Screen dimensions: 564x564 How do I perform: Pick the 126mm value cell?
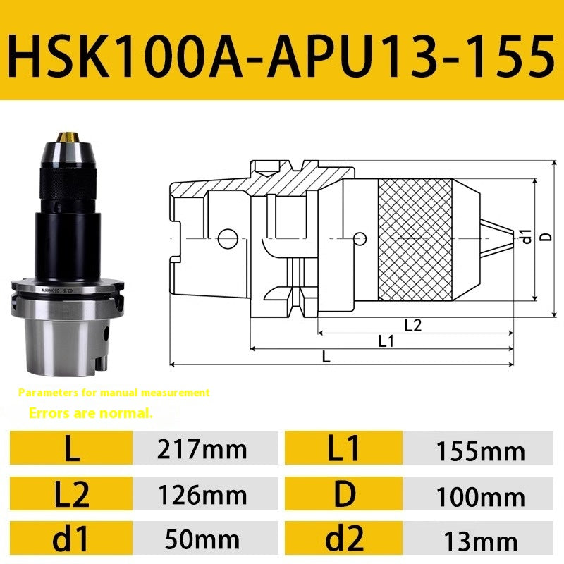click(x=205, y=495)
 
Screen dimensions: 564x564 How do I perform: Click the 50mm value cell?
click(x=205, y=540)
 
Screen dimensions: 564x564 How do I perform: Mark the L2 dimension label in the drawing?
click(x=413, y=325)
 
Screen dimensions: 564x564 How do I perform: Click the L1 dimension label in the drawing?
click(x=386, y=341)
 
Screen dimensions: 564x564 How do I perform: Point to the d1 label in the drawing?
click(x=525, y=237)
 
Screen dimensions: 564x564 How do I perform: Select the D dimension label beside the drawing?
click(x=544, y=238)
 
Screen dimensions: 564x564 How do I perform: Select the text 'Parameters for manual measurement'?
click(x=114, y=392)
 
